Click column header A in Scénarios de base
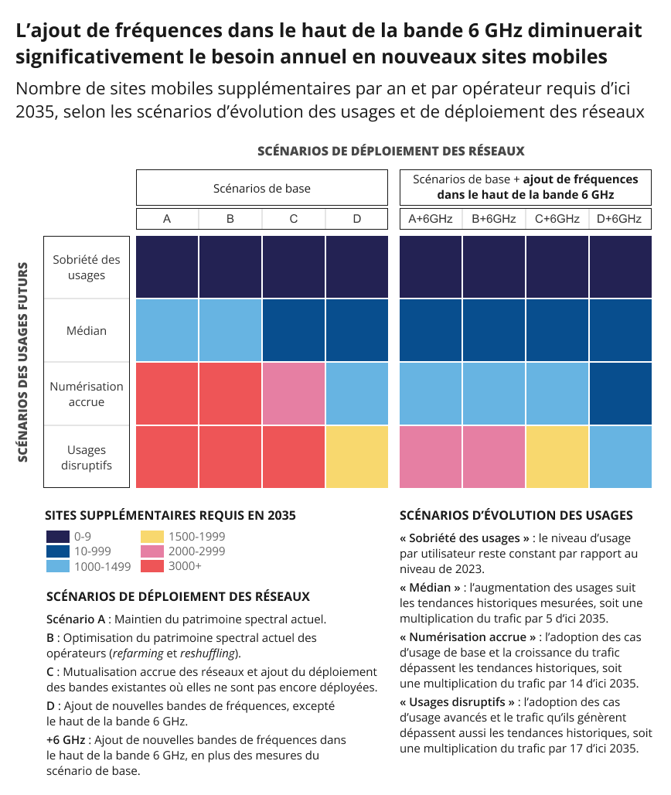[167, 219]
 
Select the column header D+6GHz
[619, 219]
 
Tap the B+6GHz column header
[493, 219]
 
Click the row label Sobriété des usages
[87, 268]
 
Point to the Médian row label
[87, 331]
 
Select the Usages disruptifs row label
[87, 457]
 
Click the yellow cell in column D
[357, 457]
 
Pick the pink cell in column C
[294, 394]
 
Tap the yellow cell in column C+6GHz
[557, 457]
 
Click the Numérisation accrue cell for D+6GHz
[620, 394]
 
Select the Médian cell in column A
[167, 331]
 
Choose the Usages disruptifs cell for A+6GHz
[431, 457]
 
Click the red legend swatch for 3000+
[152, 566]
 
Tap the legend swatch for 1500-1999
[152, 537]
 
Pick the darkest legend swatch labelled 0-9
[58, 537]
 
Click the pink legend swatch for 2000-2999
[152, 551]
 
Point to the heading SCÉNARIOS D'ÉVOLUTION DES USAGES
[516, 515]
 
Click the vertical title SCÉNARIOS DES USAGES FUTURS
[23, 362]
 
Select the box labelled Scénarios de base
[262, 188]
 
